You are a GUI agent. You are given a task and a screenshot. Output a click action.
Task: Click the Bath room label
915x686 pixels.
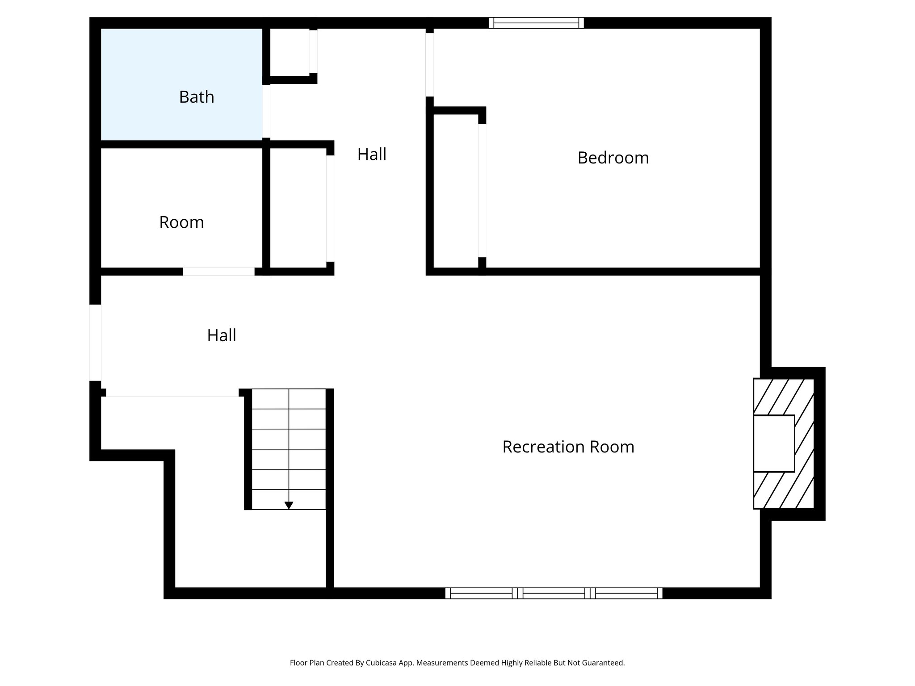tap(197, 97)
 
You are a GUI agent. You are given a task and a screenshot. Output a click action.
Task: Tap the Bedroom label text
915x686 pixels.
tap(613, 158)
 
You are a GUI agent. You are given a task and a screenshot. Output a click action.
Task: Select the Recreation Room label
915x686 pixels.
tap(568, 447)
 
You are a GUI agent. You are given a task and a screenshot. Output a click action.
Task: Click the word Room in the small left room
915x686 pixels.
tap(181, 222)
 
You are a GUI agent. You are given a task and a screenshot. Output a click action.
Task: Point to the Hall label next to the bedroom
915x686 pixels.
tap(372, 155)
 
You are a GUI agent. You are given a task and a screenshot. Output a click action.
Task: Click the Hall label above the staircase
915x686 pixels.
tap(222, 335)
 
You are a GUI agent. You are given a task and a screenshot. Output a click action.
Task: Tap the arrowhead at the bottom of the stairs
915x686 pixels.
tap(289, 505)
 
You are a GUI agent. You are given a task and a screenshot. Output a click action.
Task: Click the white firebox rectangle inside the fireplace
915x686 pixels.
tap(774, 443)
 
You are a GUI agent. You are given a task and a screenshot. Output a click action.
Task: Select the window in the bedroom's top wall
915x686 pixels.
tap(536, 23)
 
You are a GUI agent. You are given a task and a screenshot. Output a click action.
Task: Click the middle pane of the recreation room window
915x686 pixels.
tap(554, 593)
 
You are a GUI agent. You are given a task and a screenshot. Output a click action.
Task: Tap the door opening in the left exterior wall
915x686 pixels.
tap(95, 343)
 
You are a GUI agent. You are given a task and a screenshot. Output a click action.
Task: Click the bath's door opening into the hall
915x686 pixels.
tap(266, 111)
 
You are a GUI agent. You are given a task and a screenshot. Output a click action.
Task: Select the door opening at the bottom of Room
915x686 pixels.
tap(218, 271)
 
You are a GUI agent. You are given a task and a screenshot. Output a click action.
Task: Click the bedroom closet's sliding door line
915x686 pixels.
tap(482, 190)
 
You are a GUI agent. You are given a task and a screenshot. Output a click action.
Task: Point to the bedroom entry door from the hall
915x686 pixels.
tap(429, 65)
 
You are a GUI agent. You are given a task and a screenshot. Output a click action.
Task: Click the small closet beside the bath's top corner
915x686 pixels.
tap(290, 52)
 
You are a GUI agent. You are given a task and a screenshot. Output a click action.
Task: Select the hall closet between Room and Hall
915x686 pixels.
tap(298, 208)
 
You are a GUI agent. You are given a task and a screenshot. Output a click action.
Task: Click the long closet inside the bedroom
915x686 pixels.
tap(456, 190)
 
